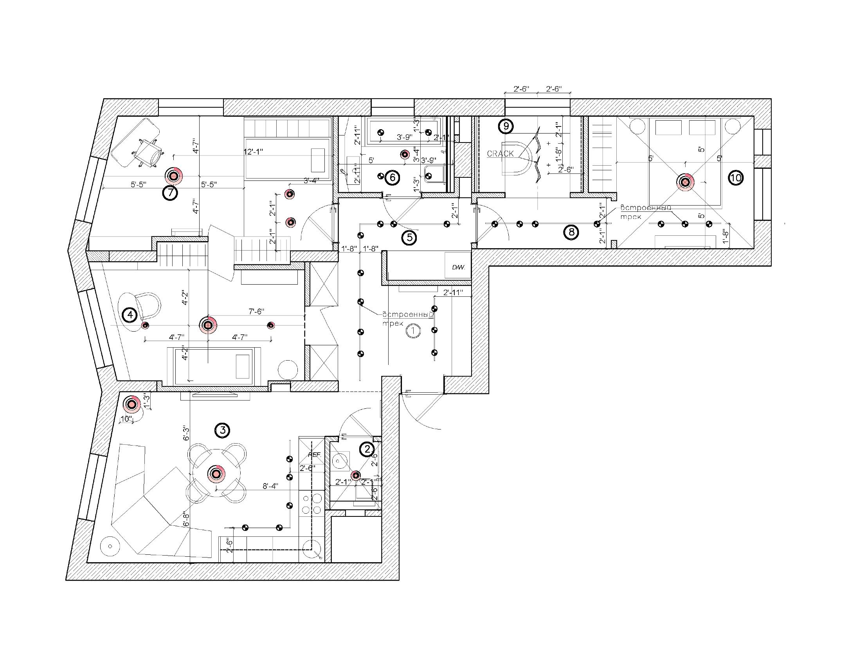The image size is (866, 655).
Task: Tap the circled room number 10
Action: coord(736,178)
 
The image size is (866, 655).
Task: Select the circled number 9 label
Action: coord(506,126)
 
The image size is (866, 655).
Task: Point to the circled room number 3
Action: coord(222,431)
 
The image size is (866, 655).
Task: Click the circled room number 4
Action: coord(130,314)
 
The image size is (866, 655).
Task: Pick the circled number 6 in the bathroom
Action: coord(392,178)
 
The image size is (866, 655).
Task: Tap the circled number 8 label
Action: coord(571,232)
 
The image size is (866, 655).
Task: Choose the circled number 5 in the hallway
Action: coord(409,237)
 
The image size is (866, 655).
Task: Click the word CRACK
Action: coord(501,153)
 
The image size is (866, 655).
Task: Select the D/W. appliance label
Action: coord(458,267)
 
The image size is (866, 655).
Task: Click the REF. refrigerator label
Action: coord(314,455)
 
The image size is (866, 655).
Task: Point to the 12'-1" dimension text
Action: coord(253,152)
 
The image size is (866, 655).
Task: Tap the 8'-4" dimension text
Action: coord(270,486)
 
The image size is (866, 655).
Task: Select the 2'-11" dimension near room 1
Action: coord(453,292)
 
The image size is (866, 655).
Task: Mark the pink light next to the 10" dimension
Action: coord(132,404)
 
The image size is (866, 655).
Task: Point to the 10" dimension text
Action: coord(126,419)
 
